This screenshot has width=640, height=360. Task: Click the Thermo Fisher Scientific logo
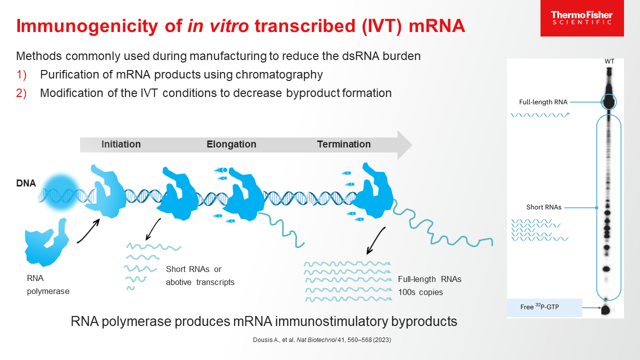(581, 18)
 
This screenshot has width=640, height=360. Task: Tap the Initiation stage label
(121, 144)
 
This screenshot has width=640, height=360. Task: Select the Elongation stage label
(231, 144)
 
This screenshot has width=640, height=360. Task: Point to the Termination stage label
(344, 144)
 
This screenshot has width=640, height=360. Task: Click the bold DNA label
(26, 183)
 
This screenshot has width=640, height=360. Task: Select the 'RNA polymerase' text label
(48, 284)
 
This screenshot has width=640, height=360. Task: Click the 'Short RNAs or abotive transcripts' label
(200, 275)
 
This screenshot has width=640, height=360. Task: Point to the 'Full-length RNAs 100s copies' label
(429, 285)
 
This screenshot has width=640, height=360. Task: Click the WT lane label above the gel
(609, 61)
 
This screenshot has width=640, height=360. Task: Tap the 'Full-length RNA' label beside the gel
(543, 102)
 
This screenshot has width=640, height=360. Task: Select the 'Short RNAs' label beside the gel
(543, 207)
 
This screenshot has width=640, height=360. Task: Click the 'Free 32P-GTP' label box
(544, 307)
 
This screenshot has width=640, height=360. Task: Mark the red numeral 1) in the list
(21, 75)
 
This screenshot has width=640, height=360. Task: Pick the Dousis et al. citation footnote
(321, 340)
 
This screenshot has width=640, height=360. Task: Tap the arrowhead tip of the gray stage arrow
(411, 145)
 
